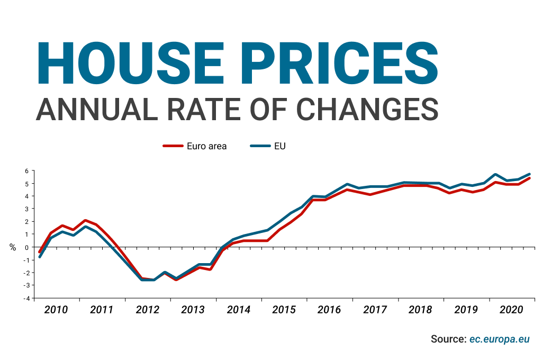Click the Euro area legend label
coord(206,146)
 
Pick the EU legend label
coord(279,146)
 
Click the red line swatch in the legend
coord(172,146)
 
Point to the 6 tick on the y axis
coord(25,171)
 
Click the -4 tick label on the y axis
coord(24,298)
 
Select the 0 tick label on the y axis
coord(25,247)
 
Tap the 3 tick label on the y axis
coord(25,209)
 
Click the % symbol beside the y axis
coord(13,247)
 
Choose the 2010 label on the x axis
coord(56,310)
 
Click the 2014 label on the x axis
coord(238,310)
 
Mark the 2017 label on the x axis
coord(375,310)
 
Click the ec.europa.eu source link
coord(500,339)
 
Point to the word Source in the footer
coord(448,339)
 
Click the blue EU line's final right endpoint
coord(529,174)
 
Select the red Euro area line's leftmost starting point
coord(40,252)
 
